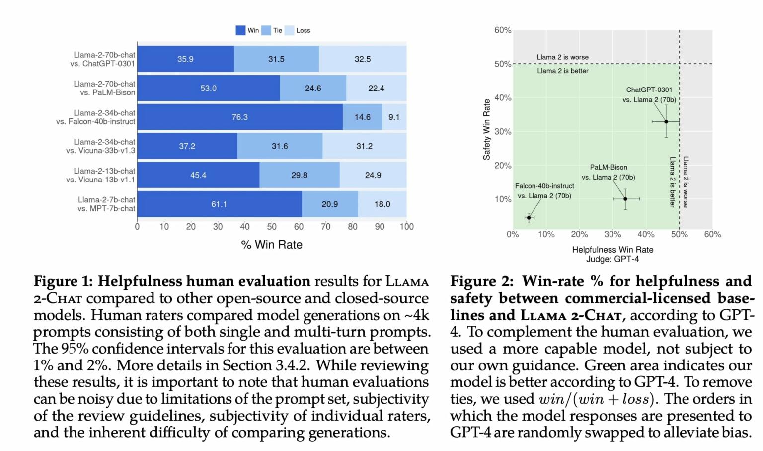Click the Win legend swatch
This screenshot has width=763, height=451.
pos(240,30)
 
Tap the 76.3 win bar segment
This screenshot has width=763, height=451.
pos(239,117)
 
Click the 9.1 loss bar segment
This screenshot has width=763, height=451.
pos(394,117)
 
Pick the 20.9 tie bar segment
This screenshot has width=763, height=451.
pos(330,204)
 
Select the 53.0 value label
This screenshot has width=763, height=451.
pos(208,88)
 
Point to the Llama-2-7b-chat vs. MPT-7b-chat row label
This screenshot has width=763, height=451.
pos(106,204)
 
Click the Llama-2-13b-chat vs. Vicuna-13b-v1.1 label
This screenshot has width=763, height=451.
pos(100,175)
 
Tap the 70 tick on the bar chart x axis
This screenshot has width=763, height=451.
pos(325,227)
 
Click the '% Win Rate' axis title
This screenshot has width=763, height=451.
pos(272,245)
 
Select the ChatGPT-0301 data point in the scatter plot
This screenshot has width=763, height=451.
pos(666,121)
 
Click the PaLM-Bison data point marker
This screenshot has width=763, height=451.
pos(625,199)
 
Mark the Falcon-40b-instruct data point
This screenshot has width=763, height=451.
pos(529,218)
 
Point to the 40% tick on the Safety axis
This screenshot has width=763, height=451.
pos(503,98)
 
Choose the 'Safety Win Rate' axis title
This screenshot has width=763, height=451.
pos(487,129)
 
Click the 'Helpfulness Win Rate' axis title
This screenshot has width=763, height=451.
pos(612,250)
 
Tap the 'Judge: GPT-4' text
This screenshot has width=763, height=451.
pos(612,259)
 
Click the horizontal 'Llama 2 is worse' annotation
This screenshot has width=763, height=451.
pos(562,57)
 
